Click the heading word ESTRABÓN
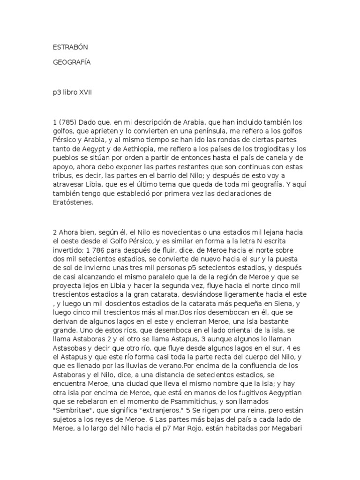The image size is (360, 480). [70, 47]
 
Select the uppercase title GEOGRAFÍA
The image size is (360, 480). [71, 63]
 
